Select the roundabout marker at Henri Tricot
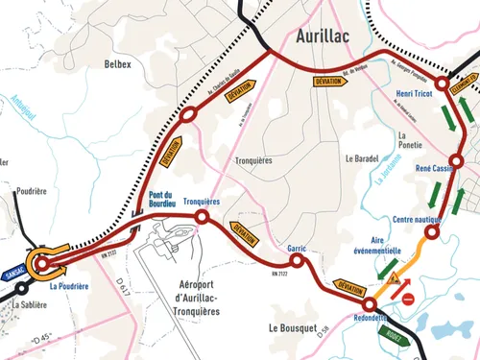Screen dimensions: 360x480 pos(441,86)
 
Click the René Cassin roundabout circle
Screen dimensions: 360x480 pos(457,161)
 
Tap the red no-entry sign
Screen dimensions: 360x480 pos(408,300)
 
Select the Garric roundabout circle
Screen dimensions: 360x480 pos(298,260)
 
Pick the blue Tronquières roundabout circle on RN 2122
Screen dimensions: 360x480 pos(202,218)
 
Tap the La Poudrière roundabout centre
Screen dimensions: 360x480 pos(43,263)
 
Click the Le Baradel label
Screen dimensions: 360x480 pos(363,157)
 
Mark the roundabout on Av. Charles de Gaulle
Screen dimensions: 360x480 pos(188,115)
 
